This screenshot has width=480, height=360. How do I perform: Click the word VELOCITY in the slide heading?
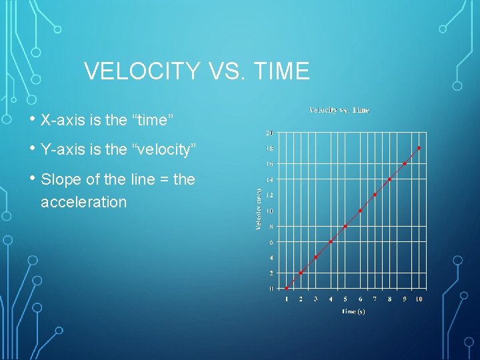click(x=142, y=71)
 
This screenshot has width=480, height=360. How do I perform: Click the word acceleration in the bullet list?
click(x=83, y=202)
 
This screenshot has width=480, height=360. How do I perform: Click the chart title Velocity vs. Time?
click(x=339, y=110)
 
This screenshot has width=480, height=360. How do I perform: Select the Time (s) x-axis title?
click(x=353, y=311)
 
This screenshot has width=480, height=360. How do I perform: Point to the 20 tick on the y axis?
click(x=269, y=132)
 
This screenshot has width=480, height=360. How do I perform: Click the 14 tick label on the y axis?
click(x=269, y=179)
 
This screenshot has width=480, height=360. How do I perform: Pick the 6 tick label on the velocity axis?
click(x=271, y=242)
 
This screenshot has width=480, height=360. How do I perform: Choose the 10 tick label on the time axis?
click(x=419, y=299)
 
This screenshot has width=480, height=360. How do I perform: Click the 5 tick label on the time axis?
click(x=345, y=299)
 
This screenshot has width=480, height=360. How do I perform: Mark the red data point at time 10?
click(x=419, y=147)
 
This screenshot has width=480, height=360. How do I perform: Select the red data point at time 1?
click(x=287, y=288)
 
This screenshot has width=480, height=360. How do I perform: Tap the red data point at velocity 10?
click(x=360, y=211)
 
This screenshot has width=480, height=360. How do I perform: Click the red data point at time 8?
click(x=389, y=179)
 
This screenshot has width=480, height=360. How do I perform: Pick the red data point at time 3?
click(x=316, y=257)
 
